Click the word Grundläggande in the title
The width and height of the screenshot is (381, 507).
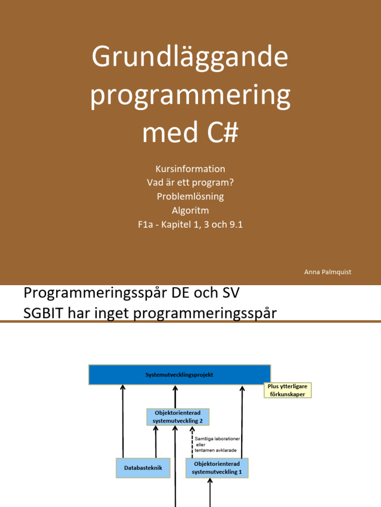click(x=190, y=57)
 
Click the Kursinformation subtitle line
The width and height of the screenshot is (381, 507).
click(x=190, y=169)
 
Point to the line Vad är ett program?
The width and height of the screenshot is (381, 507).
click(x=190, y=183)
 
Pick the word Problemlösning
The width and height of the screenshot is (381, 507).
click(x=190, y=197)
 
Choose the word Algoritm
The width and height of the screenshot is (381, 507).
click(x=190, y=210)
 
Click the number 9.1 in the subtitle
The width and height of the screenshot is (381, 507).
click(x=233, y=224)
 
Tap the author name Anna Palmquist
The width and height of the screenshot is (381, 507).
click(x=327, y=272)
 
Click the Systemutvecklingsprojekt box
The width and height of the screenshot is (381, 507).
click(x=180, y=375)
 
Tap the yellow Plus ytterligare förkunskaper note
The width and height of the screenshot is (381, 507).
click(x=288, y=390)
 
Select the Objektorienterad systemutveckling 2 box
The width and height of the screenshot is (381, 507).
click(x=178, y=417)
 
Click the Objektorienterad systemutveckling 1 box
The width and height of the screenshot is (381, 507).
click(x=216, y=467)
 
